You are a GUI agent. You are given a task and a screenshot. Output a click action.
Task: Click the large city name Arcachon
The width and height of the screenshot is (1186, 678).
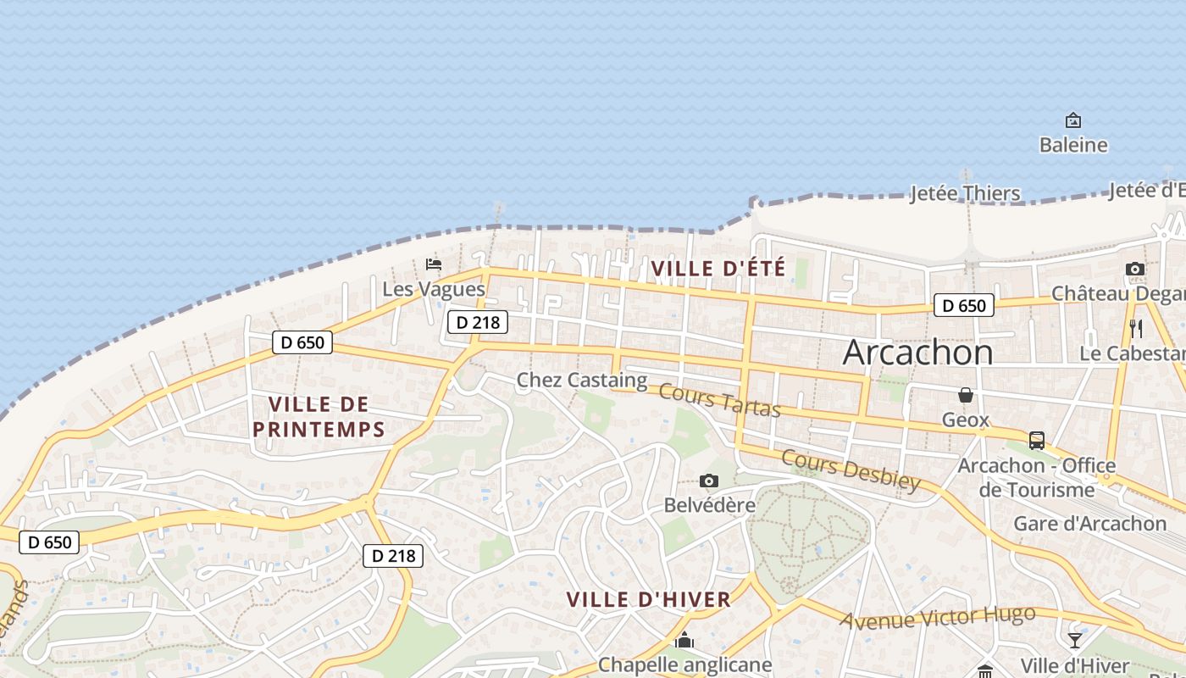917,353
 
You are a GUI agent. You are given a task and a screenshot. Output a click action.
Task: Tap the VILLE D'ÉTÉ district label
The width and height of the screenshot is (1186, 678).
718,269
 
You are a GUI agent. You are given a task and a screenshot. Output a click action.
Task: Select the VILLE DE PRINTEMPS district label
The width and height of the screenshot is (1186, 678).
319,416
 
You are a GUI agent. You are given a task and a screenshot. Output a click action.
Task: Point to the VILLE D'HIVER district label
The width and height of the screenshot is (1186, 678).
648,600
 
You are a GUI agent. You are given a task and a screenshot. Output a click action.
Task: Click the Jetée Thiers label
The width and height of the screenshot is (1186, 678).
965,193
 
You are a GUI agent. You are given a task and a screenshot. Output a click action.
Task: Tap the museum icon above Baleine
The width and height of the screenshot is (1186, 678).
1073,120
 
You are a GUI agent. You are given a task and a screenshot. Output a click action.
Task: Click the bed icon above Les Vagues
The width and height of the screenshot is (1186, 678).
434,264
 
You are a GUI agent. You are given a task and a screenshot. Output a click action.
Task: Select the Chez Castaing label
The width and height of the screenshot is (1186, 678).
582,381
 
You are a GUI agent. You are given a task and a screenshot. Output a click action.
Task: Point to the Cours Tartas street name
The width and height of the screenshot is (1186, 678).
719,401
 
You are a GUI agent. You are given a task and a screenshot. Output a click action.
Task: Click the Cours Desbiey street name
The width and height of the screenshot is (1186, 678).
850,470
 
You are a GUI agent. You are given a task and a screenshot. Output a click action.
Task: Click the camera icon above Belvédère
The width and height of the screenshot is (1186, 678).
709,481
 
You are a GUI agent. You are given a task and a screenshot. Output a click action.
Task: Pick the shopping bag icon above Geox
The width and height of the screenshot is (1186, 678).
965,395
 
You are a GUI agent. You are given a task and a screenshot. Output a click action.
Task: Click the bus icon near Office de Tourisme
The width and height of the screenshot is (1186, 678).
1036,441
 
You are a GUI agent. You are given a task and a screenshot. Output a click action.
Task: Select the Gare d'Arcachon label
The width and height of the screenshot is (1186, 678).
1089,524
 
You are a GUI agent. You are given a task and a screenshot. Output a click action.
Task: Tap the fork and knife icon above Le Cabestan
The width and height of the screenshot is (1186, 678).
1136,328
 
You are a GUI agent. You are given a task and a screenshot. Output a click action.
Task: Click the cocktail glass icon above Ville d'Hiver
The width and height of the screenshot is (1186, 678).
1074,641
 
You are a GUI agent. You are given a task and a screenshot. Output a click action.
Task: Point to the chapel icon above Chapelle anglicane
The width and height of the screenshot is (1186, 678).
684,641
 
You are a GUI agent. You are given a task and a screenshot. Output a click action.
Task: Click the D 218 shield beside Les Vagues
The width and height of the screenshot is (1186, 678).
478,322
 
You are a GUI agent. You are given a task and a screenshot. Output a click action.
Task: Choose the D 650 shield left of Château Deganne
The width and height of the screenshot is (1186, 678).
963,305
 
